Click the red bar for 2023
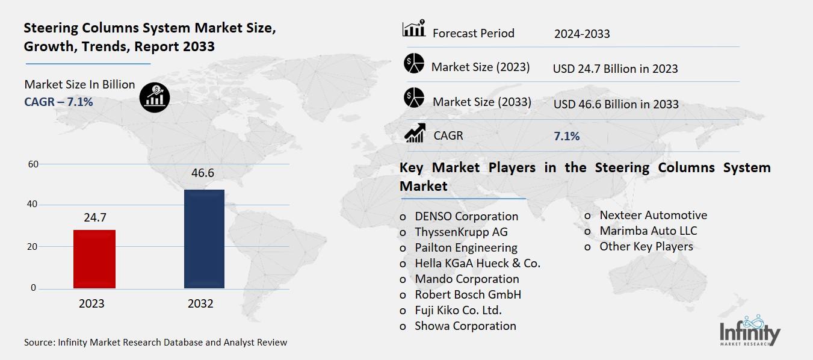[x=94, y=259]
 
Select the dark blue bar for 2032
[x=204, y=239]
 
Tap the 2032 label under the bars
[x=200, y=304]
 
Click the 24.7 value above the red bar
[x=95, y=218]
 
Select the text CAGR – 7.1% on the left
[x=58, y=102]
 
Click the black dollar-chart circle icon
[x=155, y=98]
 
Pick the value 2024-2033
[x=582, y=34]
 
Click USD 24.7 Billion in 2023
[x=615, y=69]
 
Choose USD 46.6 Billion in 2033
[x=616, y=104]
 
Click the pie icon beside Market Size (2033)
[x=414, y=98]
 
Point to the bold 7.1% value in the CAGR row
[x=566, y=137]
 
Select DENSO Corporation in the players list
[x=466, y=216]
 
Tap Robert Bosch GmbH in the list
[x=468, y=294]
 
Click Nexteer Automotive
[x=653, y=215]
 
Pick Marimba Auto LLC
[x=648, y=231]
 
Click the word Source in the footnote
[x=39, y=342]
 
